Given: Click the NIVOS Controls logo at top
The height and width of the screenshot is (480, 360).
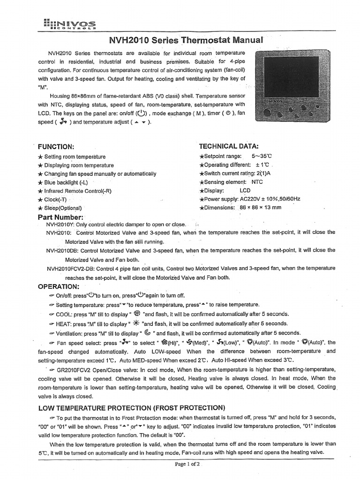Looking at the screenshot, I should tap(70, 24).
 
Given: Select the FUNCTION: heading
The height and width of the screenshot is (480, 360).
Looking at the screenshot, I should tap(56, 147).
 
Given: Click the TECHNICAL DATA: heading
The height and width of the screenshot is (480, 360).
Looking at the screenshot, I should tap(228, 146).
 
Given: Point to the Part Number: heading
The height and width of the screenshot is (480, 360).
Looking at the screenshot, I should tap(60, 217).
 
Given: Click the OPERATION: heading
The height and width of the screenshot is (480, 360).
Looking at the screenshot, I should tap(59, 286).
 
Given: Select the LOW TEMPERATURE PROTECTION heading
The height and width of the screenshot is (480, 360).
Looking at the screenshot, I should tap(131, 407).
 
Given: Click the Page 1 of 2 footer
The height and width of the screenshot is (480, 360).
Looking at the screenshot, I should tap(187, 464).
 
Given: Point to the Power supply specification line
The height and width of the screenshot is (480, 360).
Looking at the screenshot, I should tap(249, 199).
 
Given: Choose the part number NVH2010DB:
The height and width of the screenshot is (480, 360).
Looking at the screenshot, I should tap(63, 250).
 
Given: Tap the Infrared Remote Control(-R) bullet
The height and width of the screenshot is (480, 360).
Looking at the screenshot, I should tap(77, 191).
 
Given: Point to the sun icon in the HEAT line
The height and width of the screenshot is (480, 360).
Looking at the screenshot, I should tap(136, 323).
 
